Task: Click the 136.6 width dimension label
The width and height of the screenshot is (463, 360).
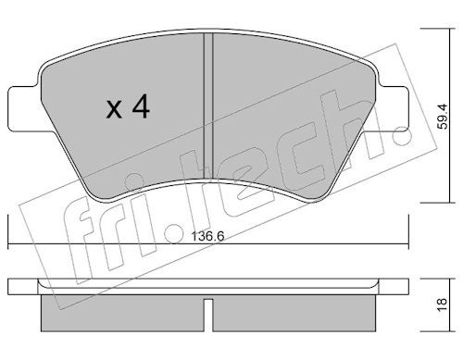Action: coord(207,237)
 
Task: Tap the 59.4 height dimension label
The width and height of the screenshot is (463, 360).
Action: coord(443,116)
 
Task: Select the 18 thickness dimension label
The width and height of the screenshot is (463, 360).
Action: coord(443,305)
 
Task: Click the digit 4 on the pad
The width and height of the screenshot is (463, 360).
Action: coord(141,106)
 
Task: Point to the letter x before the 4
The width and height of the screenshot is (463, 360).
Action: coord(114,109)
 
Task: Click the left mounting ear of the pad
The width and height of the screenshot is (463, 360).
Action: coord(24,108)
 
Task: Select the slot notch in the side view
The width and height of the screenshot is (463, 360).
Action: coord(208,315)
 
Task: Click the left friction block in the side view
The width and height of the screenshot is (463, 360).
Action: coord(122,313)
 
